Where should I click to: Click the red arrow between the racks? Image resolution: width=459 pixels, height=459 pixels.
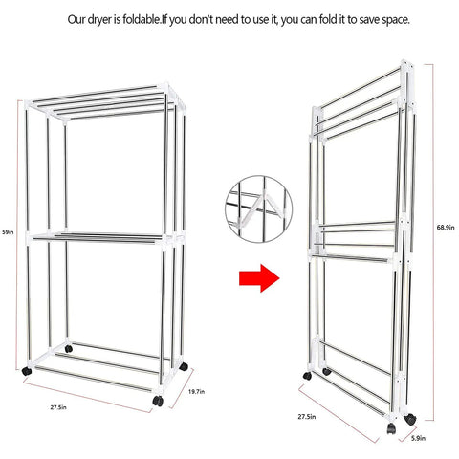point(259,278)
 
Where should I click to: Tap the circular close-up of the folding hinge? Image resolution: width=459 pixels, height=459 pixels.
point(258,209)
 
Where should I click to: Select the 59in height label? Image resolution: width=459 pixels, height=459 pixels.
point(8,232)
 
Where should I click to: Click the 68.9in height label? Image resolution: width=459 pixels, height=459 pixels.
point(446,228)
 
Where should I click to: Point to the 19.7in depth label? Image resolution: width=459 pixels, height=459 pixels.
point(196,392)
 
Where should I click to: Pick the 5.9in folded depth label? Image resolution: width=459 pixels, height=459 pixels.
point(418,438)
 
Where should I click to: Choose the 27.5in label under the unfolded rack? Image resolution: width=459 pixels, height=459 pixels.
point(58,407)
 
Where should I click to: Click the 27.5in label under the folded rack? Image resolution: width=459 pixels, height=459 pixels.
point(307,416)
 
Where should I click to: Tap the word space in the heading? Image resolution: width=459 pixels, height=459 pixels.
point(395,20)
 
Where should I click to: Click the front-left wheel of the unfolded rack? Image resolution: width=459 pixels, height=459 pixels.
point(27,371)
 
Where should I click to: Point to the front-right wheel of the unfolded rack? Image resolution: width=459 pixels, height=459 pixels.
point(158,401)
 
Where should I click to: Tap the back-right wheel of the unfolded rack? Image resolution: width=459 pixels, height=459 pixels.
point(184,366)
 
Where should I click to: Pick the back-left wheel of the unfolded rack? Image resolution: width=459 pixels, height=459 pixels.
point(68,349)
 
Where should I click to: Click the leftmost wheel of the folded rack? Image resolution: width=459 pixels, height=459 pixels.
point(307,376)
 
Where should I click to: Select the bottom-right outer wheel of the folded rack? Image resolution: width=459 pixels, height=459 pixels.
point(410,419)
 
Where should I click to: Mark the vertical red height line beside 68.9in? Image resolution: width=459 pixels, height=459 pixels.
point(433,242)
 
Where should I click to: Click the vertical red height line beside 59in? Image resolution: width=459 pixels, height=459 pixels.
point(17,235)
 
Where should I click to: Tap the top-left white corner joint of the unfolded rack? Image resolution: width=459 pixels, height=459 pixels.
point(29,104)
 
